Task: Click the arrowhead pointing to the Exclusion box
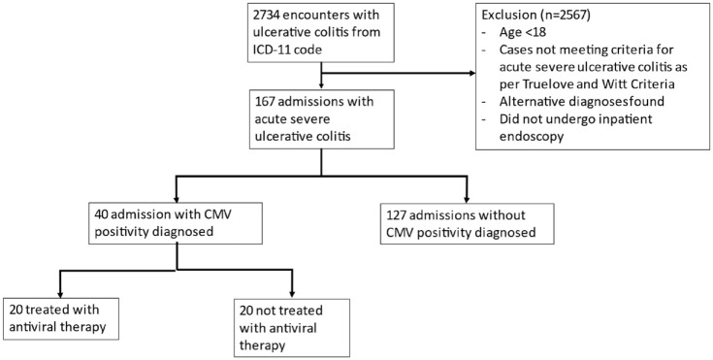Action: [x=470, y=73]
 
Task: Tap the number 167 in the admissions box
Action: [x=265, y=101]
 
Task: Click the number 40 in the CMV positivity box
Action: [x=101, y=213]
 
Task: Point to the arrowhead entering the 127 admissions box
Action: [x=467, y=198]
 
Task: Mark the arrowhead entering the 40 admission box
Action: [x=177, y=198]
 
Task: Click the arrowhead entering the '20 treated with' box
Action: [x=60, y=293]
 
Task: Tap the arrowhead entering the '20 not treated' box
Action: [x=292, y=293]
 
